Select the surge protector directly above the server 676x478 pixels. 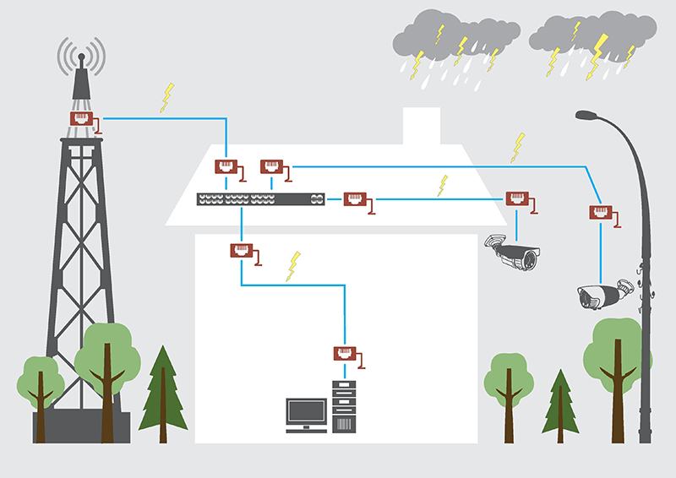pos(345,355)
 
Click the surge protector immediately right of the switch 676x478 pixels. pos(355,200)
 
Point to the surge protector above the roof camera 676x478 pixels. pos(517,200)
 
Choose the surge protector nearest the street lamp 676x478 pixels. pos(600,214)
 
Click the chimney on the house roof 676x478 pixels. pos(422,127)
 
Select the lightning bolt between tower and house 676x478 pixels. pos(167,97)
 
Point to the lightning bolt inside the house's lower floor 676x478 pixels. pos(293,265)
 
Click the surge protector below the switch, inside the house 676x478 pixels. pos(242,251)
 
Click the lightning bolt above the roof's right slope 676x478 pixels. pos(517,147)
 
